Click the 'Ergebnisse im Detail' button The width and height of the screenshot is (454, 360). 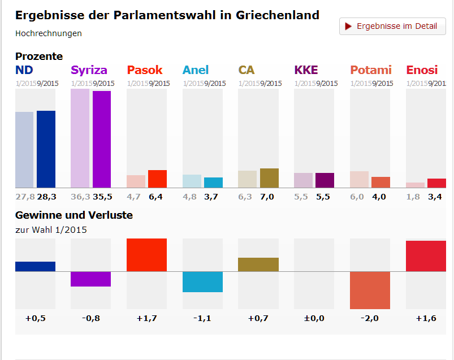(392, 27)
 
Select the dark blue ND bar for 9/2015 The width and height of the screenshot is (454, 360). (46, 149)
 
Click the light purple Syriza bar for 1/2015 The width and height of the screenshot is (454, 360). (80, 138)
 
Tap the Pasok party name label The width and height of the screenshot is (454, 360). (145, 70)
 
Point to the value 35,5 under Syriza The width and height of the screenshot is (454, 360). (102, 197)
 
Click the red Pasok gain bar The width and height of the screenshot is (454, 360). (146, 255)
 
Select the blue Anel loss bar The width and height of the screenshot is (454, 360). (202, 281)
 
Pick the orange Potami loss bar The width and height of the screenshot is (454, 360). (370, 290)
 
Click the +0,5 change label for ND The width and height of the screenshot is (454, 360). (35, 318)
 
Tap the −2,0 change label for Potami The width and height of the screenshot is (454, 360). (370, 318)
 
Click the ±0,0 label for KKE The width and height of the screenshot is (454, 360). (314, 318)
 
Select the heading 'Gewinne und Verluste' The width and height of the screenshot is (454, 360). (74, 215)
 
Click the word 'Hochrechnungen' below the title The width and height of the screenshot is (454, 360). (49, 33)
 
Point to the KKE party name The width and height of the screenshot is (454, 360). (306, 70)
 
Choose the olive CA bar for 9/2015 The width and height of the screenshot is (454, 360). (269, 177)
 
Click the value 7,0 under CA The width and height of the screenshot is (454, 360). (267, 197)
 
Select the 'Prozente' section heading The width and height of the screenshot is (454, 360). (39, 57)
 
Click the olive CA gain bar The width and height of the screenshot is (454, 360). (258, 264)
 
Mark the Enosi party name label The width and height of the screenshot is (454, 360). (422, 70)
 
